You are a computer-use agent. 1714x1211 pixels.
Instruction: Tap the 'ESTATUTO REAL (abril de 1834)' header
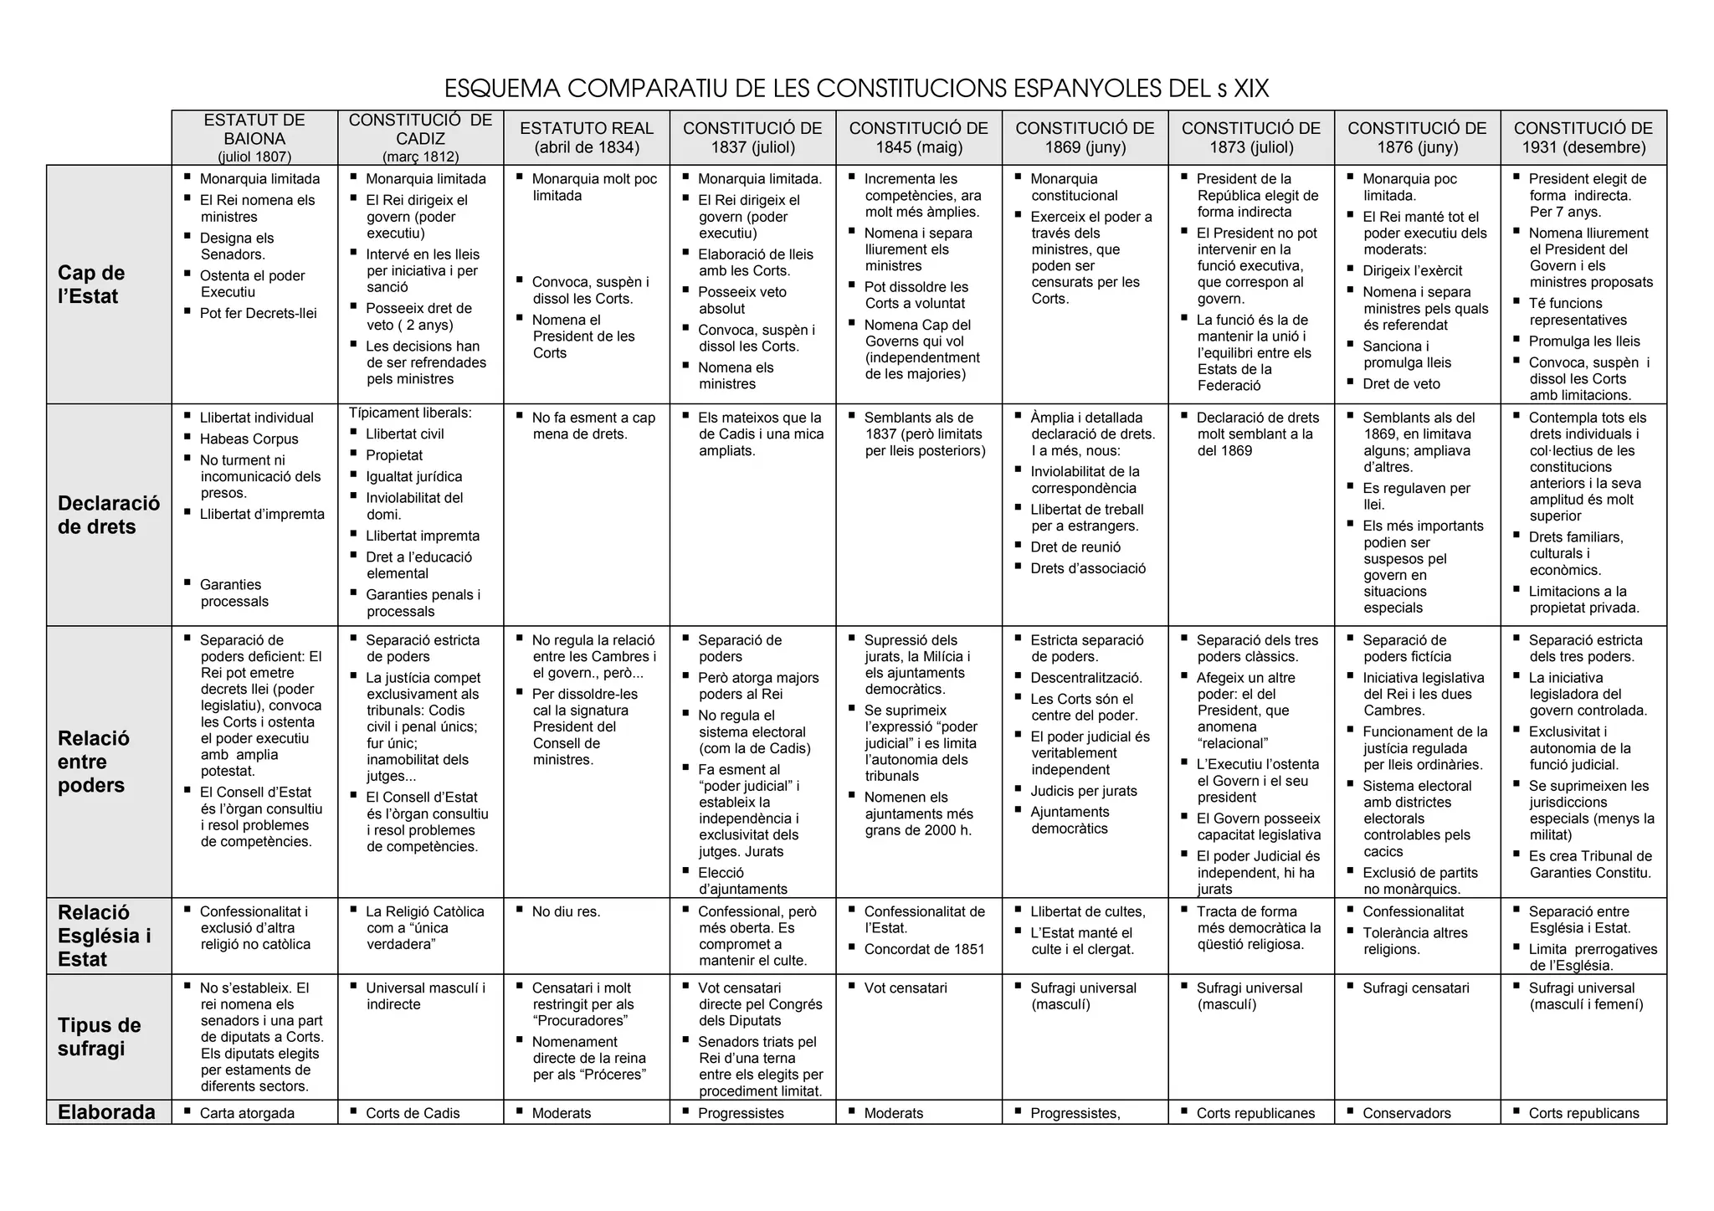point(587,138)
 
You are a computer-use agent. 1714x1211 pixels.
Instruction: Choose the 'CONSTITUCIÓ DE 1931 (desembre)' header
point(1583,138)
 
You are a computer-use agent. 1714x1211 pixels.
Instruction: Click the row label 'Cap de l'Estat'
point(91,285)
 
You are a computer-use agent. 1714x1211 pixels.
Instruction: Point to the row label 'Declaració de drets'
point(108,515)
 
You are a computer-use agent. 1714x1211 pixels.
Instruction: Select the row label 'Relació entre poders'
point(93,762)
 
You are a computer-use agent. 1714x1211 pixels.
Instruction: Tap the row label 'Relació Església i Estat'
point(104,936)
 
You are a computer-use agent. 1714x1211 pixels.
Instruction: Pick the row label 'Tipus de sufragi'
point(99,1037)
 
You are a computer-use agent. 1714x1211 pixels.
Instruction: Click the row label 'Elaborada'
point(106,1112)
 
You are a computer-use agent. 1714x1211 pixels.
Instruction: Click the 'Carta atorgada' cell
point(247,1113)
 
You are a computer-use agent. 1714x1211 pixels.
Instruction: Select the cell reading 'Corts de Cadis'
point(413,1113)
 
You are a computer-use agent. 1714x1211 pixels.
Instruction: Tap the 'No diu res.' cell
point(566,911)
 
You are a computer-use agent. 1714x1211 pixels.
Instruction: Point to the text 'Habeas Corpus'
point(249,439)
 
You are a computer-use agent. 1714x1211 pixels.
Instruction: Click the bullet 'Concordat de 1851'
point(924,949)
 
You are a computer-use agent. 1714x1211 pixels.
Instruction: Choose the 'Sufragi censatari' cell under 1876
point(1415,988)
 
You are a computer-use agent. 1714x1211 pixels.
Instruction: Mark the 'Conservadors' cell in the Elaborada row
point(1409,1113)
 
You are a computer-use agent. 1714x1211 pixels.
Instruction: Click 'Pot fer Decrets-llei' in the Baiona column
point(258,313)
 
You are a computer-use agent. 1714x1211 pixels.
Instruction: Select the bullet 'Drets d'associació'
point(1088,568)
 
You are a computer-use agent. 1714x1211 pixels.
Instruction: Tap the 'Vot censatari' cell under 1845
point(906,988)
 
